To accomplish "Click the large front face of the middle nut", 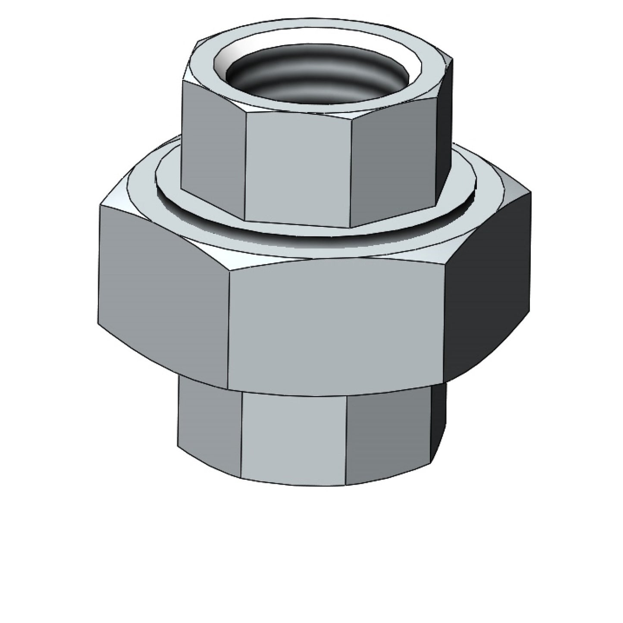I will [x=336, y=323].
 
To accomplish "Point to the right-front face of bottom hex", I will [x=388, y=435].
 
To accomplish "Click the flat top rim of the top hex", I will [x=203, y=69].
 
